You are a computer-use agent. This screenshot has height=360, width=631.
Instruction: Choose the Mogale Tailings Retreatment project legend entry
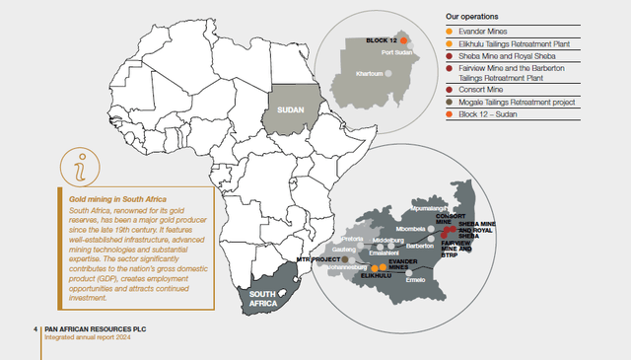pyautogui.click(x=523, y=102)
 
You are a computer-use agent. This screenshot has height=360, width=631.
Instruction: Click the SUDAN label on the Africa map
pyautogui.click(x=290, y=110)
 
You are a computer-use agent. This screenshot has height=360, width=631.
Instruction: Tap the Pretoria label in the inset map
pyautogui.click(x=352, y=239)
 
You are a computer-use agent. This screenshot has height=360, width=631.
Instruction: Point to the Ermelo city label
pyautogui.click(x=413, y=279)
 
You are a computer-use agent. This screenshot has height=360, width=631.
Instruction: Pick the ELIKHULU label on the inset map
pyautogui.click(x=378, y=276)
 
